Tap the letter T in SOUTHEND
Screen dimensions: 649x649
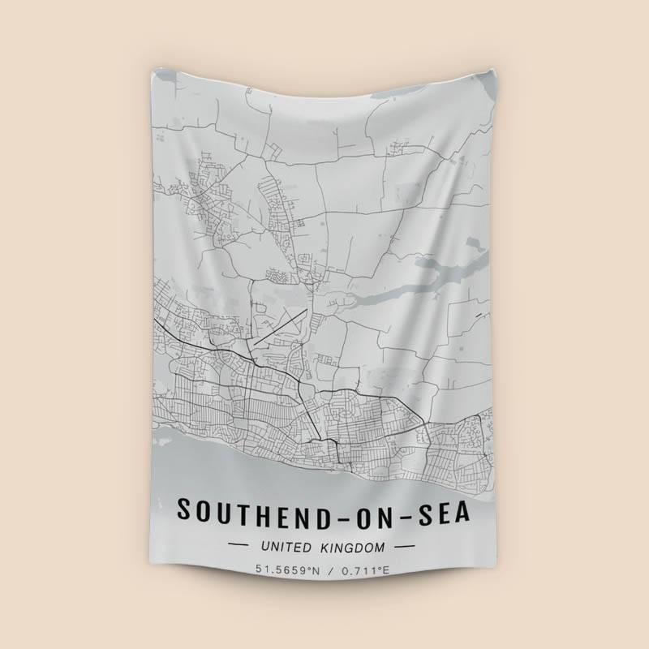[x=250, y=510]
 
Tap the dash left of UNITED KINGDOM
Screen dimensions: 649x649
[x=239, y=548]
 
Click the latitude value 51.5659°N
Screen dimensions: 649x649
[x=289, y=570]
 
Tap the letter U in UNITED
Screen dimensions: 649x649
[x=265, y=548]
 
